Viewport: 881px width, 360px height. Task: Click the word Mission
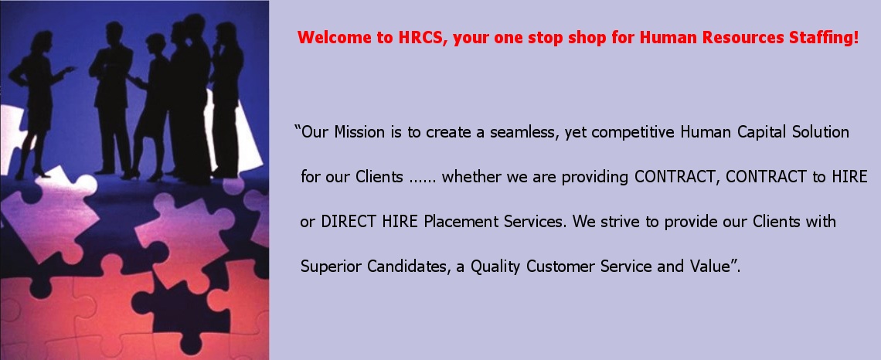[355, 133]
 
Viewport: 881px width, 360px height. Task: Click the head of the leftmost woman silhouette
[43, 42]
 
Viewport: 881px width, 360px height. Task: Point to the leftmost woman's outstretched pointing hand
[69, 70]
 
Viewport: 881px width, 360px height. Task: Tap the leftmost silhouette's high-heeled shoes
[32, 173]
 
